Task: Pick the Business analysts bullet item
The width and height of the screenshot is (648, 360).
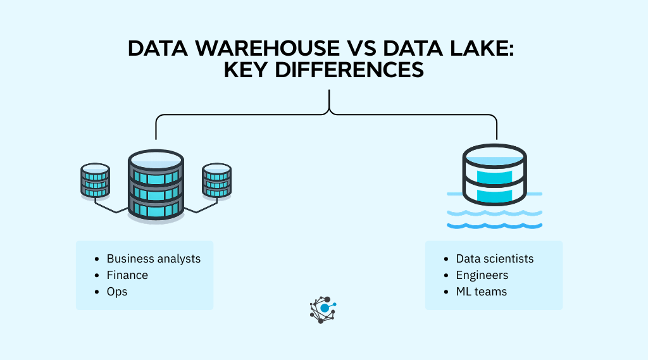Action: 153,259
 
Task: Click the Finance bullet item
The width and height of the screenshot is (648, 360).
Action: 127,275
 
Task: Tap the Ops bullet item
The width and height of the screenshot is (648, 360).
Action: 116,292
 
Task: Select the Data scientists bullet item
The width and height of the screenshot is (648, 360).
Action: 494,259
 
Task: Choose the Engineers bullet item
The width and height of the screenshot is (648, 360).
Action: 482,275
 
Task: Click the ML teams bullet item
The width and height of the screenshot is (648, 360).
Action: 481,292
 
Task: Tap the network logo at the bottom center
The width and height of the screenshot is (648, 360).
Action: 323,309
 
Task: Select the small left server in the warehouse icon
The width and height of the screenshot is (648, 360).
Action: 96,181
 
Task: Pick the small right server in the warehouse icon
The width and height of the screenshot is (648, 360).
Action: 216,181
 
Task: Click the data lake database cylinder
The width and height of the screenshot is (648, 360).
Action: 494,176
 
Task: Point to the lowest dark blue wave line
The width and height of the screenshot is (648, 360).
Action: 494,225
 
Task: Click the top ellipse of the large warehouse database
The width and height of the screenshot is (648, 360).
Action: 156,159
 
